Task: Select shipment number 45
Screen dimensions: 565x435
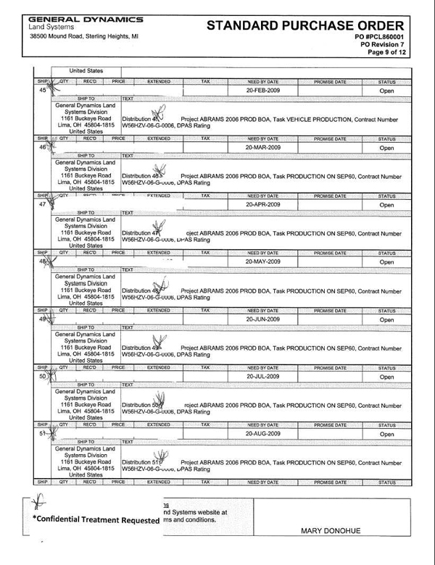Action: (43, 91)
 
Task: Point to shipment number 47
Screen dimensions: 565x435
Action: (43, 206)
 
